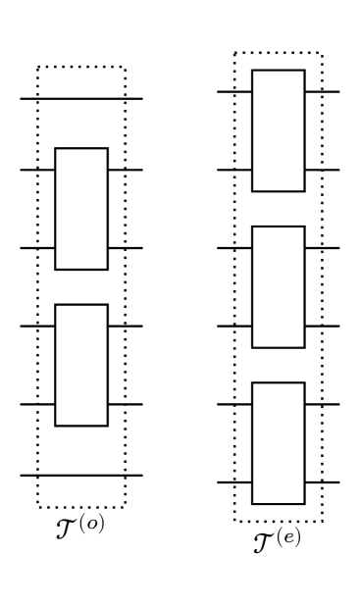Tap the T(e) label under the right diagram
pos(276,538)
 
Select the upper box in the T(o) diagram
pos(81,208)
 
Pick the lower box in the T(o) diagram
pos(81,365)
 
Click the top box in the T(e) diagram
pos(279,130)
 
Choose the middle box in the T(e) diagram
pos(279,286)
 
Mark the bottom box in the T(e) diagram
pos(279,442)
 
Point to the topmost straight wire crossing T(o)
pos(81,99)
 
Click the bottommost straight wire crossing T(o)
pos(81,476)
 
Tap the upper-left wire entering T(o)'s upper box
pos(37,170)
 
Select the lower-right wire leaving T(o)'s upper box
pos(126,248)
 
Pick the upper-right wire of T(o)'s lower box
pos(126,326)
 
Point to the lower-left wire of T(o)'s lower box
pos(37,404)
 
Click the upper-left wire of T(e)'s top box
pos(234,92)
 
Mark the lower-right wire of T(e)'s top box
pos(323,170)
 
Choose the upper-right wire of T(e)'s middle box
pos(323,248)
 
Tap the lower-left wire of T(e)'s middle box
pos(234,326)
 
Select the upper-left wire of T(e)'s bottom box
pos(234,404)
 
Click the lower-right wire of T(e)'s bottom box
pos(323,482)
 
